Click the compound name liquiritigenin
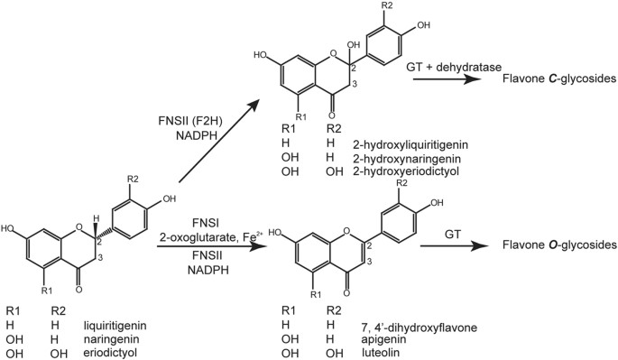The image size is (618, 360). click(x=115, y=326)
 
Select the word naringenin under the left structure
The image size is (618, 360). click(x=111, y=339)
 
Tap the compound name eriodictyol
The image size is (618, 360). click(x=110, y=352)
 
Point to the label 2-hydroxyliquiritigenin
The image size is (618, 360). click(x=410, y=145)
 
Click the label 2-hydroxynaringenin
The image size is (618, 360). click(x=407, y=159)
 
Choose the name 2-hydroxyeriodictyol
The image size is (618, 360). click(x=406, y=171)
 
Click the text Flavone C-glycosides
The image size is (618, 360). click(x=558, y=78)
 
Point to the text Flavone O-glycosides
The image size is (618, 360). click(x=559, y=245)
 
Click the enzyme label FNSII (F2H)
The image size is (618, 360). click(x=190, y=120)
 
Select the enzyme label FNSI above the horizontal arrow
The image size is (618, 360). click(x=205, y=223)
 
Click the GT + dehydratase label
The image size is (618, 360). click(x=454, y=67)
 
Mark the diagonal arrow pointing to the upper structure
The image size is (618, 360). click(x=218, y=141)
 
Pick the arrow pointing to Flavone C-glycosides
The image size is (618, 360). click(x=447, y=79)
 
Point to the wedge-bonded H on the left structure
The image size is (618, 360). click(x=95, y=218)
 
